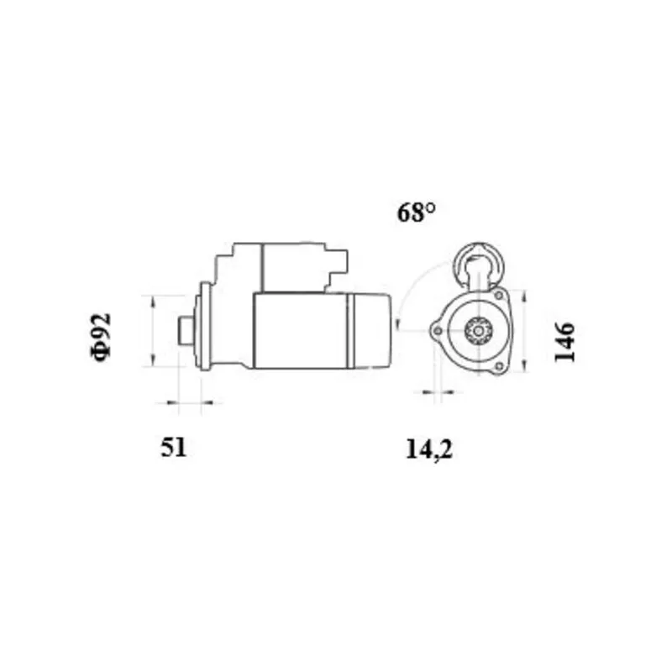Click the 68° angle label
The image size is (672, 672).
[x=416, y=213]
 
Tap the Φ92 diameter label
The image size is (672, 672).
[x=101, y=338]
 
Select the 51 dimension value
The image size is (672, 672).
[x=174, y=448]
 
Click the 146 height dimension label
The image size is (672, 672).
[x=564, y=343]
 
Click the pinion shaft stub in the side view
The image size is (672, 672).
[x=185, y=330]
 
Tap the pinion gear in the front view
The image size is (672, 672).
[x=477, y=330]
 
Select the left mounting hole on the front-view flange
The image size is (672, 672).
[x=437, y=331]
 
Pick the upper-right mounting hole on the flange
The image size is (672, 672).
[x=499, y=296]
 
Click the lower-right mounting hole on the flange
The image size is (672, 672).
[x=498, y=366]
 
